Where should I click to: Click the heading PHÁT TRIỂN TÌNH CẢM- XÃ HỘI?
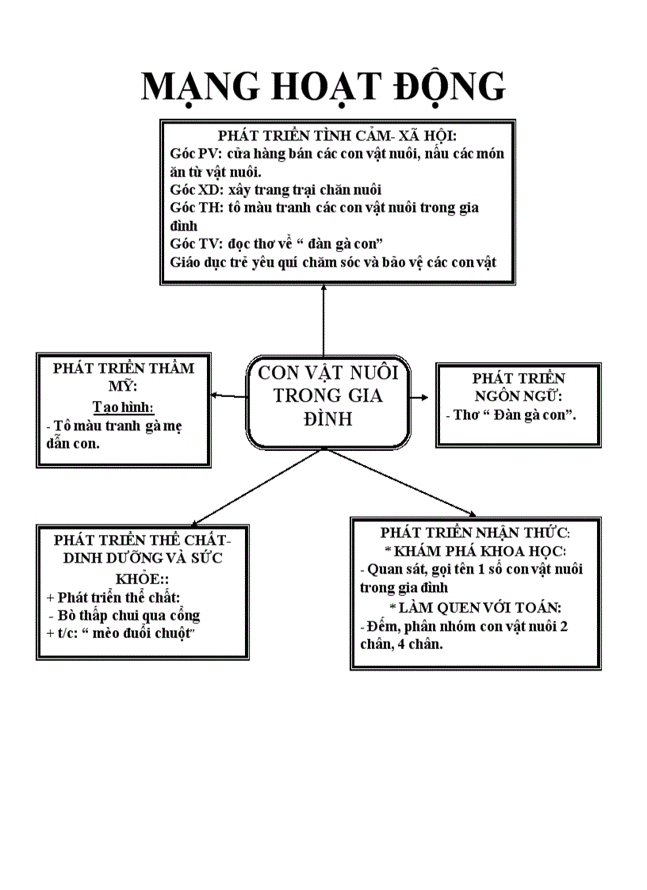coord(338,136)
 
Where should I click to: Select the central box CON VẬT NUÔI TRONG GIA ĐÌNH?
coord(327,395)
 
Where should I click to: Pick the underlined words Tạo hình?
coord(122,407)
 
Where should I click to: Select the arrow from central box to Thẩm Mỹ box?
coord(228,395)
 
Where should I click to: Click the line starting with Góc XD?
coord(275,189)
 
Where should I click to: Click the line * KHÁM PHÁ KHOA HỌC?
coord(474,551)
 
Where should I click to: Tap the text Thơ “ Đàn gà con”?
coord(511,414)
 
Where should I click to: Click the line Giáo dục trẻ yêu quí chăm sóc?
coord(333,262)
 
